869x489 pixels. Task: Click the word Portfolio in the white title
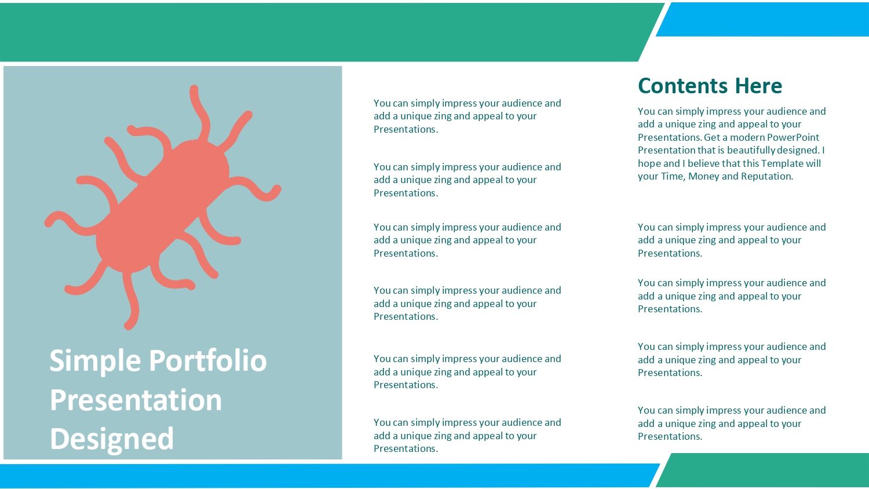coord(208,360)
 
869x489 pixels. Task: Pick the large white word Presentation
coord(136,400)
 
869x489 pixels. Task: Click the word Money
coord(704,177)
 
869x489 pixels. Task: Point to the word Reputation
coord(767,177)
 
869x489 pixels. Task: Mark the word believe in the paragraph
coord(703,163)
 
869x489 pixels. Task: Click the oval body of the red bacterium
coord(163,206)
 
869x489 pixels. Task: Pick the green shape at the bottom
coord(762,470)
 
